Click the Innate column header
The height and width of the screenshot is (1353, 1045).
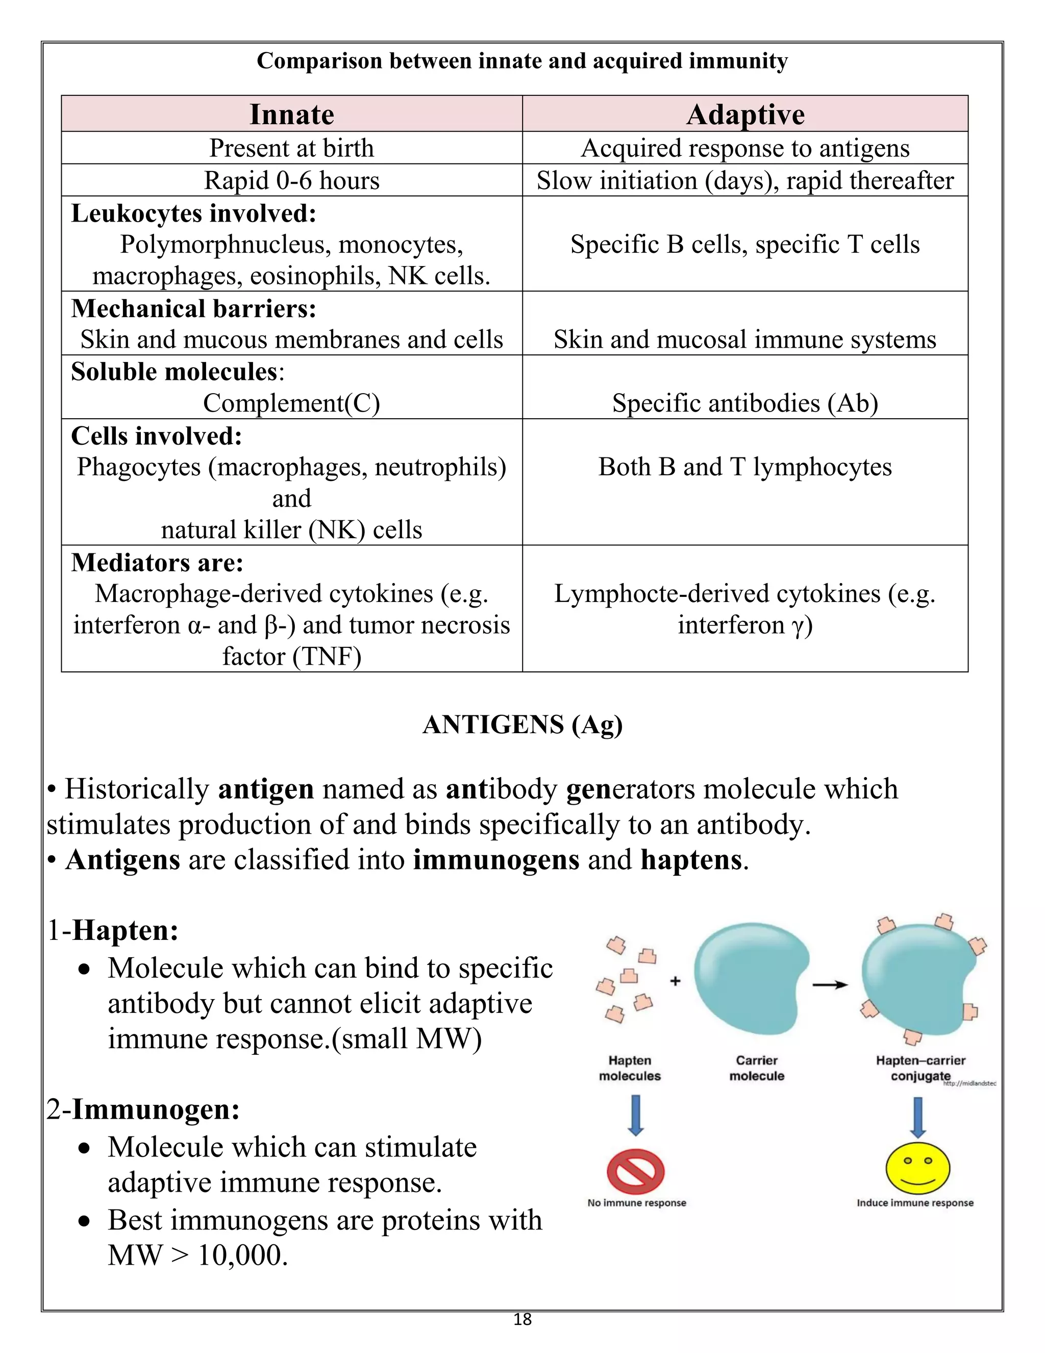click(x=291, y=114)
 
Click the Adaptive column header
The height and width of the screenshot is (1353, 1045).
click(x=745, y=114)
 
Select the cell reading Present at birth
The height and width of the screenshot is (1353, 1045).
click(x=291, y=148)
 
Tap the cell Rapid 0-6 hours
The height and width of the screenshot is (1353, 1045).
click(x=291, y=181)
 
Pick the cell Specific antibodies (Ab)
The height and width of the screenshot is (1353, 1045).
click(x=745, y=403)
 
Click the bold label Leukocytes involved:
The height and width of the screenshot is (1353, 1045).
click(x=194, y=214)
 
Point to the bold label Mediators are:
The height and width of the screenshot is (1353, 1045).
click(x=157, y=563)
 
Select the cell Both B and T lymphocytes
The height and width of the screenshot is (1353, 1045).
click(x=745, y=467)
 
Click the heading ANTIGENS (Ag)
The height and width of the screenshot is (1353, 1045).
click(x=522, y=724)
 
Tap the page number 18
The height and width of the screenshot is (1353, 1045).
click(x=522, y=1319)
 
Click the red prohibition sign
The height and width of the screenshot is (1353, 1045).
click(x=635, y=1171)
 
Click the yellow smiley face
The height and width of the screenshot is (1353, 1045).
click(x=917, y=1169)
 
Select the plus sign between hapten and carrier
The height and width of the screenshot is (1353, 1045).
click(x=676, y=981)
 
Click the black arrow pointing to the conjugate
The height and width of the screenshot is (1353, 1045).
click(x=830, y=984)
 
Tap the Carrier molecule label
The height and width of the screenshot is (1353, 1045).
click(x=757, y=1068)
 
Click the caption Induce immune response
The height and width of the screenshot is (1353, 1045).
click(x=915, y=1203)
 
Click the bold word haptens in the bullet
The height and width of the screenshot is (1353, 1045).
click(x=691, y=860)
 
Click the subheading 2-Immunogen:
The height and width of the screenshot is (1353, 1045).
click(x=143, y=1109)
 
